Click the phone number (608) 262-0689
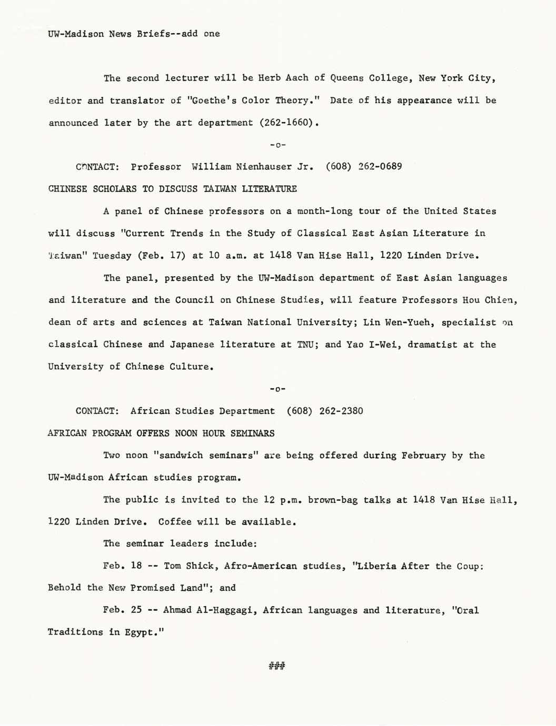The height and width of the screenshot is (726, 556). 364,167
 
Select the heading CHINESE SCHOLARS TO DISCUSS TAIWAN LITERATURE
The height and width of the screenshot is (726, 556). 172,189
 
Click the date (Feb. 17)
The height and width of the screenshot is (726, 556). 162,256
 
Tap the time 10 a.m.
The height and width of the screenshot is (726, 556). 229,256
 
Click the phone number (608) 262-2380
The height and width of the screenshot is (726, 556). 325,411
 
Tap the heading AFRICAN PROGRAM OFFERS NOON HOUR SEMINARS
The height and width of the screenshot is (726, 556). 161,433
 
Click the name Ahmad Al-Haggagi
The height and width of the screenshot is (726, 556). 210,610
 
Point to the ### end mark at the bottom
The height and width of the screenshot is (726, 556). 277,667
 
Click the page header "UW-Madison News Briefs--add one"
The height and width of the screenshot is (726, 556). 134,34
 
